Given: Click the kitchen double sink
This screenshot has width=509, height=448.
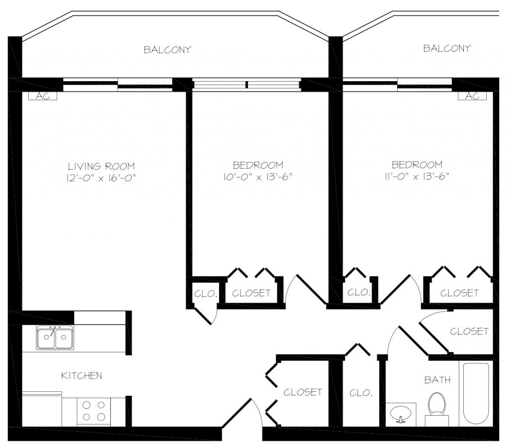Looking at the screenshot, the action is coord(55,338).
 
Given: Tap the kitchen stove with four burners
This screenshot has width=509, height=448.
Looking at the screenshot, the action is coord(94,411).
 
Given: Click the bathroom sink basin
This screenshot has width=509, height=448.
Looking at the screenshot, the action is coord(401,414).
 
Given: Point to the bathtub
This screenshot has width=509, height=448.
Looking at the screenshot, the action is coord(476,394).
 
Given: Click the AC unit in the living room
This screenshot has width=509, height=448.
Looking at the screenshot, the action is coord(43,96).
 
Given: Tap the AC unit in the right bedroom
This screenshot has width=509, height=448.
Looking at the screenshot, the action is coord(472,96).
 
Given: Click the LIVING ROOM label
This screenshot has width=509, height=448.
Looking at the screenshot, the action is coord(101,166).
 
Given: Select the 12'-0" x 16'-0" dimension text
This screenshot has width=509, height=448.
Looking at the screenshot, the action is coord(101,178).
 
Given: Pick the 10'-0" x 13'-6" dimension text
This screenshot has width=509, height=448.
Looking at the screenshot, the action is coord(258,177).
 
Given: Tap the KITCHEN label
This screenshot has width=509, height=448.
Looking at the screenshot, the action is coord(82,376).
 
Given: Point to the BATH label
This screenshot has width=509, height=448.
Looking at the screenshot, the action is coord(437,380).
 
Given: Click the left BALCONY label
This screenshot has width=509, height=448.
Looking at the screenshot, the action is coord(168,50).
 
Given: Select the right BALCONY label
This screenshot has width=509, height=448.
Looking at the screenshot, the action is coord(447,48).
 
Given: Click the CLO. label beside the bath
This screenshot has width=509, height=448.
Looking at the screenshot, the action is coord(361,393).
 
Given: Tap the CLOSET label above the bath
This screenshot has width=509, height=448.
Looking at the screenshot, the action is coord(469,332).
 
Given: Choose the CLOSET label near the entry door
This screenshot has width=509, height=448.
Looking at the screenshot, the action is coord(303,392).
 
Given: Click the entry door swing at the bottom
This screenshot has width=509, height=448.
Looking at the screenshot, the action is coord(243,412).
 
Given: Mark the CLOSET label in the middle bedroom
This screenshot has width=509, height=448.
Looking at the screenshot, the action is coord(251,293).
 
